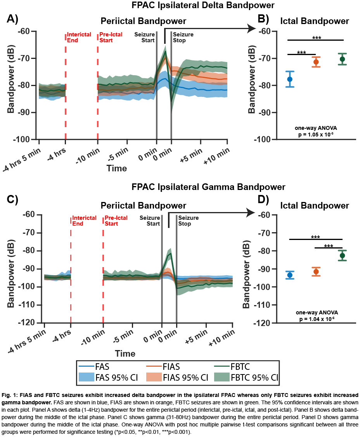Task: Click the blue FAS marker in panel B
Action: click(289, 79)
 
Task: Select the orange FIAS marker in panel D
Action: click(316, 272)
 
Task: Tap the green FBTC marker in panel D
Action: click(342, 255)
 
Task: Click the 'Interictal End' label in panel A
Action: click(79, 37)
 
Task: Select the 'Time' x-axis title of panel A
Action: click(117, 168)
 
